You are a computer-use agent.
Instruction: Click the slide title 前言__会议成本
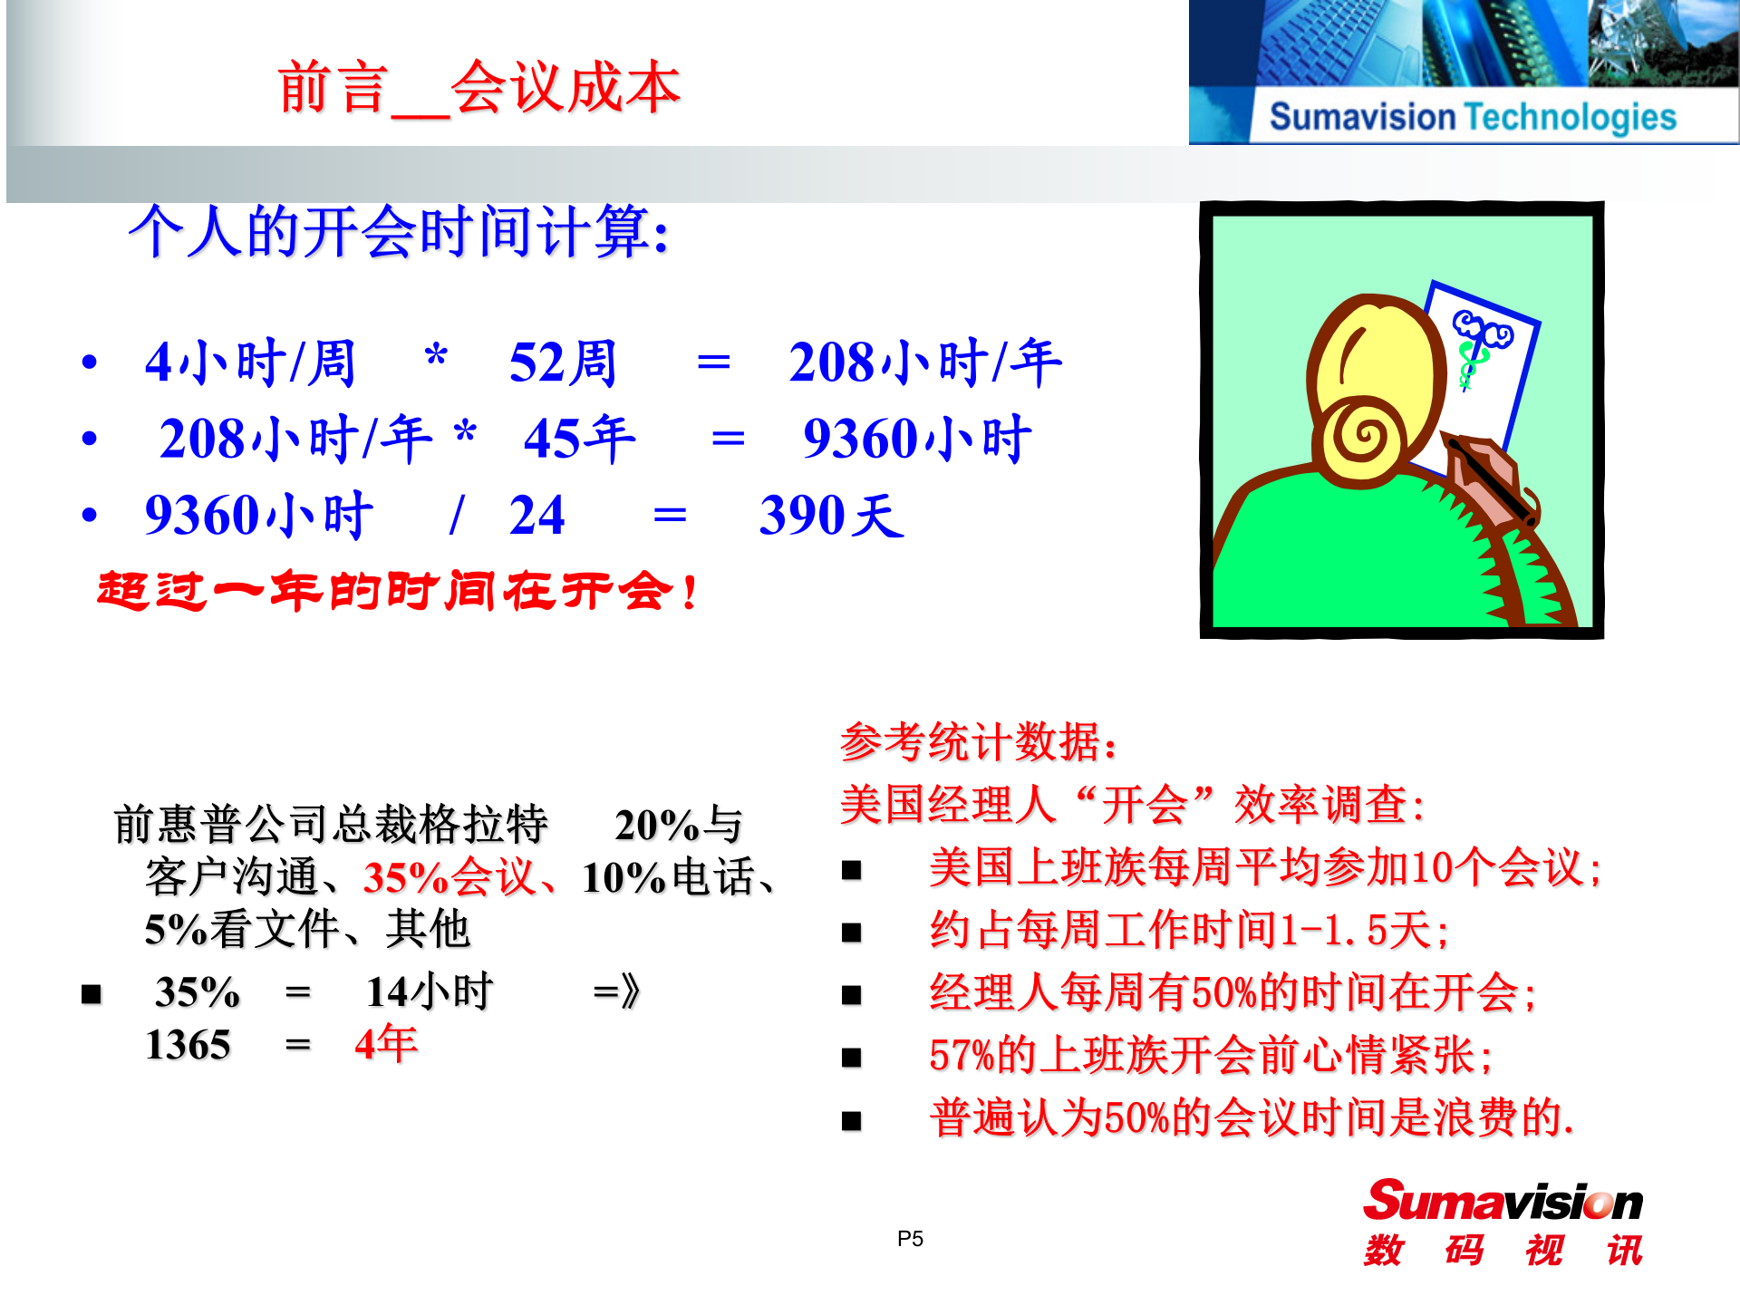click(478, 89)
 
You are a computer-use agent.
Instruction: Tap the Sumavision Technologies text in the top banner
click(1472, 118)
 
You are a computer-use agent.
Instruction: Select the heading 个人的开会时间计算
click(399, 232)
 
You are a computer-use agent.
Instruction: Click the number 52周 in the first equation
click(562, 362)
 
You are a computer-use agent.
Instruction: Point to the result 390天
click(830, 516)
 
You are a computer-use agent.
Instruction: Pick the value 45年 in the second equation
click(579, 440)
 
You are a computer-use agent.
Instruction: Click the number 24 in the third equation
click(536, 516)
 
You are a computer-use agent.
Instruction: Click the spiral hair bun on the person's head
click(1361, 436)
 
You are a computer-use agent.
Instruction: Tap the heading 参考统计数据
click(979, 742)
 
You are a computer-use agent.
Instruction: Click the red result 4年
click(386, 1044)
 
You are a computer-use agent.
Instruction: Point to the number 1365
click(188, 1045)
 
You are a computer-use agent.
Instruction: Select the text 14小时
click(429, 992)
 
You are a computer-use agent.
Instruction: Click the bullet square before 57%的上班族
click(851, 1057)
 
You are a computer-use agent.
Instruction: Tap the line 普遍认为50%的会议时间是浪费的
click(1251, 1117)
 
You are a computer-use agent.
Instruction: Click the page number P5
click(910, 1239)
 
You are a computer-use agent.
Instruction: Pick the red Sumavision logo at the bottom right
click(1503, 1203)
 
